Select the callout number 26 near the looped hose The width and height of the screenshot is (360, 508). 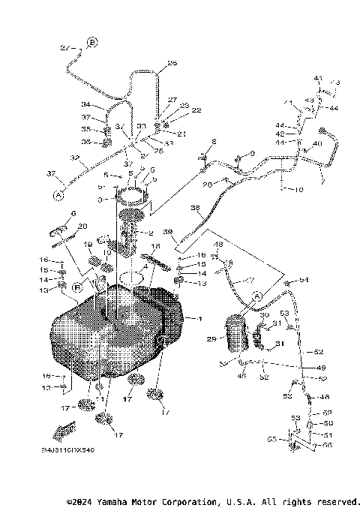point(172,64)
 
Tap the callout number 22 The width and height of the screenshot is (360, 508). point(175,110)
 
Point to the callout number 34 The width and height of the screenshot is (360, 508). point(86,104)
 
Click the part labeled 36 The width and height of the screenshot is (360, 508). point(108,142)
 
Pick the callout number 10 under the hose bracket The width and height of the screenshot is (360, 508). point(298,190)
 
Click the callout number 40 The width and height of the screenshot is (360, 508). point(316,143)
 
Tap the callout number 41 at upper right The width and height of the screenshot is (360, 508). point(318,78)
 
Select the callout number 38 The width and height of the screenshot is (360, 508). point(196,209)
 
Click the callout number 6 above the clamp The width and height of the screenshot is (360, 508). point(73,214)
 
